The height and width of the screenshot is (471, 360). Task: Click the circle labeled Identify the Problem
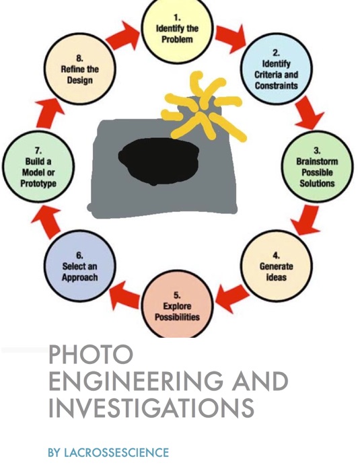(177, 28)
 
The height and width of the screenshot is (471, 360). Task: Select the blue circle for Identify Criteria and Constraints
(276, 69)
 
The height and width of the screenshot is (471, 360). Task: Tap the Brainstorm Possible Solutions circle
(317, 166)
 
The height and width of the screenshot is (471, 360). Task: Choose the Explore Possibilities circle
(177, 304)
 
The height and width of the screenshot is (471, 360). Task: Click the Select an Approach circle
(79, 266)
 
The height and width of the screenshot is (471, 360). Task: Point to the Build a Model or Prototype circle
(38, 166)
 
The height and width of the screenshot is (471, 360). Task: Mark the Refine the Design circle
(79, 69)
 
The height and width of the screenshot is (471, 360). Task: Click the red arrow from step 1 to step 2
(231, 38)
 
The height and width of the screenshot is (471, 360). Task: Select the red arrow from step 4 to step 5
(232, 297)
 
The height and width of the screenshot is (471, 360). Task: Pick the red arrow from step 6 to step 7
(48, 221)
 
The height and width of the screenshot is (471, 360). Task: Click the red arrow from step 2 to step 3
(308, 113)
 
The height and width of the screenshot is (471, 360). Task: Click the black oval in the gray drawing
(159, 160)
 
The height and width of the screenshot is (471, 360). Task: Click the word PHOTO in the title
(91, 355)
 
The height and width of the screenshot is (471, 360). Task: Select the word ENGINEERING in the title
(136, 381)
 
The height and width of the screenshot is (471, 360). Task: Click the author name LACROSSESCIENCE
(116, 452)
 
